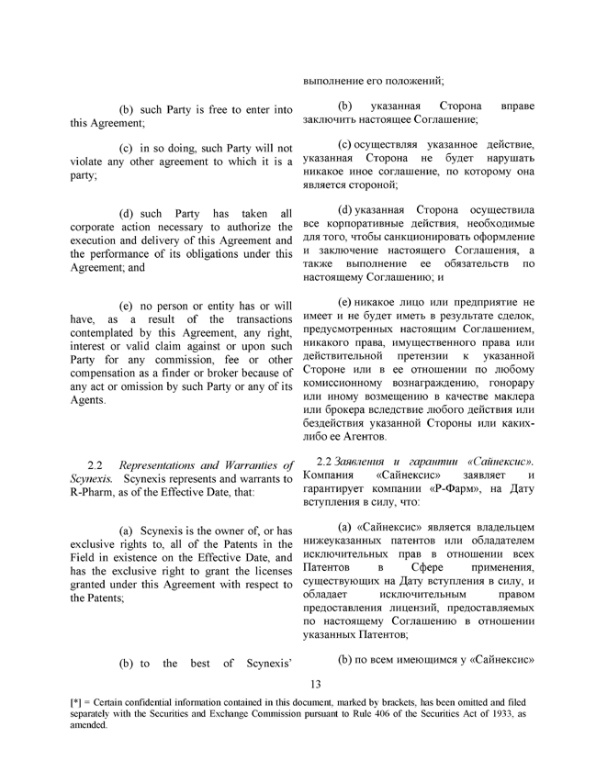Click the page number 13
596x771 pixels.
316,683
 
